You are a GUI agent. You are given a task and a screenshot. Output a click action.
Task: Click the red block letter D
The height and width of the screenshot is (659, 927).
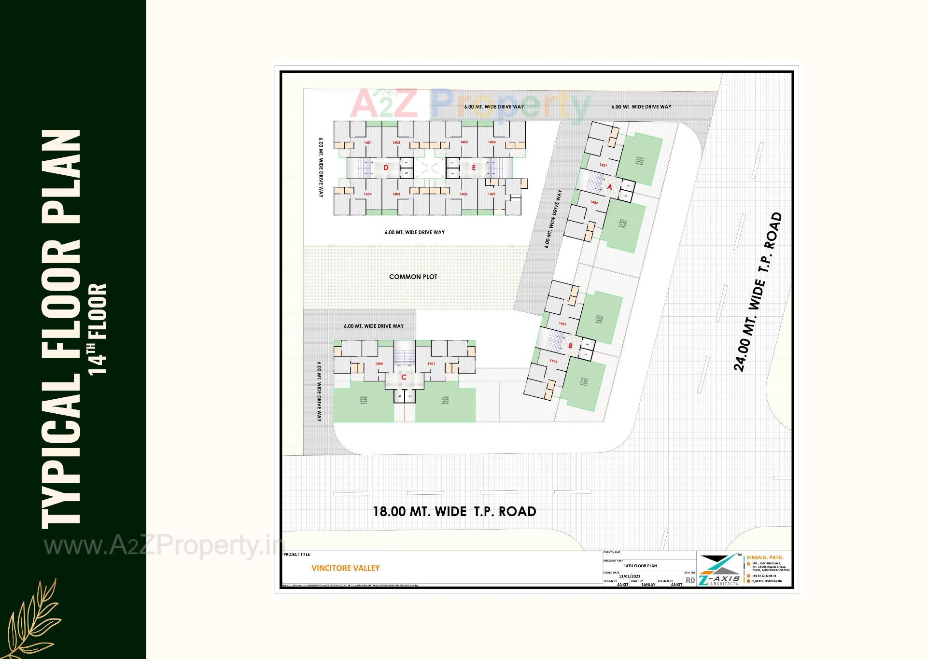point(385,168)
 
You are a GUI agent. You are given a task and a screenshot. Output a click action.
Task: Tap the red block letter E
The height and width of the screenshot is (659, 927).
point(474,168)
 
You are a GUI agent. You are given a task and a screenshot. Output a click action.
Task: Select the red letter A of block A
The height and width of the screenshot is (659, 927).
point(609,187)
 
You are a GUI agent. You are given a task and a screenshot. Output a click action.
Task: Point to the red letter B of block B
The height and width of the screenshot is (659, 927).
point(570,346)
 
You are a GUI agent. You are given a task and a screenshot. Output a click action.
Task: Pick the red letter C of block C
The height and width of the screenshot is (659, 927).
point(404,377)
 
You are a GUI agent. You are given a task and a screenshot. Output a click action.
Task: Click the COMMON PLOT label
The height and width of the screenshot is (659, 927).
point(413,277)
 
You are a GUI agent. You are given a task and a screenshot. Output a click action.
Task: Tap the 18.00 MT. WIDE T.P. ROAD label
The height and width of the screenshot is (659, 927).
point(454,511)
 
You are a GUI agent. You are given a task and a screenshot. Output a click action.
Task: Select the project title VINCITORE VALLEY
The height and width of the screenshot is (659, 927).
point(346,568)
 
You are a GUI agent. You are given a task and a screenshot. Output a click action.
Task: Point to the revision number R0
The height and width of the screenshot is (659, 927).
point(690,580)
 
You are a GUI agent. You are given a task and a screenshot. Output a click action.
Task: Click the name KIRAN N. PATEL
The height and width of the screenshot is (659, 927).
point(765,557)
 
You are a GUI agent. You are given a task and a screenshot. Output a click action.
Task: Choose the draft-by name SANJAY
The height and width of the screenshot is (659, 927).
point(648,585)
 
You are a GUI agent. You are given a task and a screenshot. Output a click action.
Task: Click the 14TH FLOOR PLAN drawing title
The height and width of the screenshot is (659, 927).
point(640,565)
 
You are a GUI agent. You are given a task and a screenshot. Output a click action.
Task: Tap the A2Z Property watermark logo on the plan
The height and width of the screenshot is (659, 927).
point(471,105)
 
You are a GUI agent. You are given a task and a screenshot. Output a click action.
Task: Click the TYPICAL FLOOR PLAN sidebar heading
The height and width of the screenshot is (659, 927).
point(61,328)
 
